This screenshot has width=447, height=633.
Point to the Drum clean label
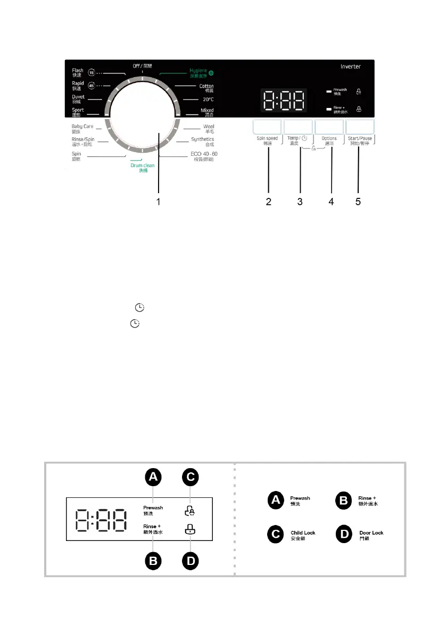(143, 168)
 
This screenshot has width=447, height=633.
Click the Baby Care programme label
(82, 128)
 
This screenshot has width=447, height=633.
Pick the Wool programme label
(208, 128)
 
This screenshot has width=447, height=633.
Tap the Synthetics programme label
(202, 141)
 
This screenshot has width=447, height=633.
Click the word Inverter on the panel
(351, 66)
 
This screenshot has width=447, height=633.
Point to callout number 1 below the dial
(158, 202)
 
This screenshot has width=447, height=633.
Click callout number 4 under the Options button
(331, 202)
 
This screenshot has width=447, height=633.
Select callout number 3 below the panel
(300, 202)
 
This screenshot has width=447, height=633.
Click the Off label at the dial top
(142, 66)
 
